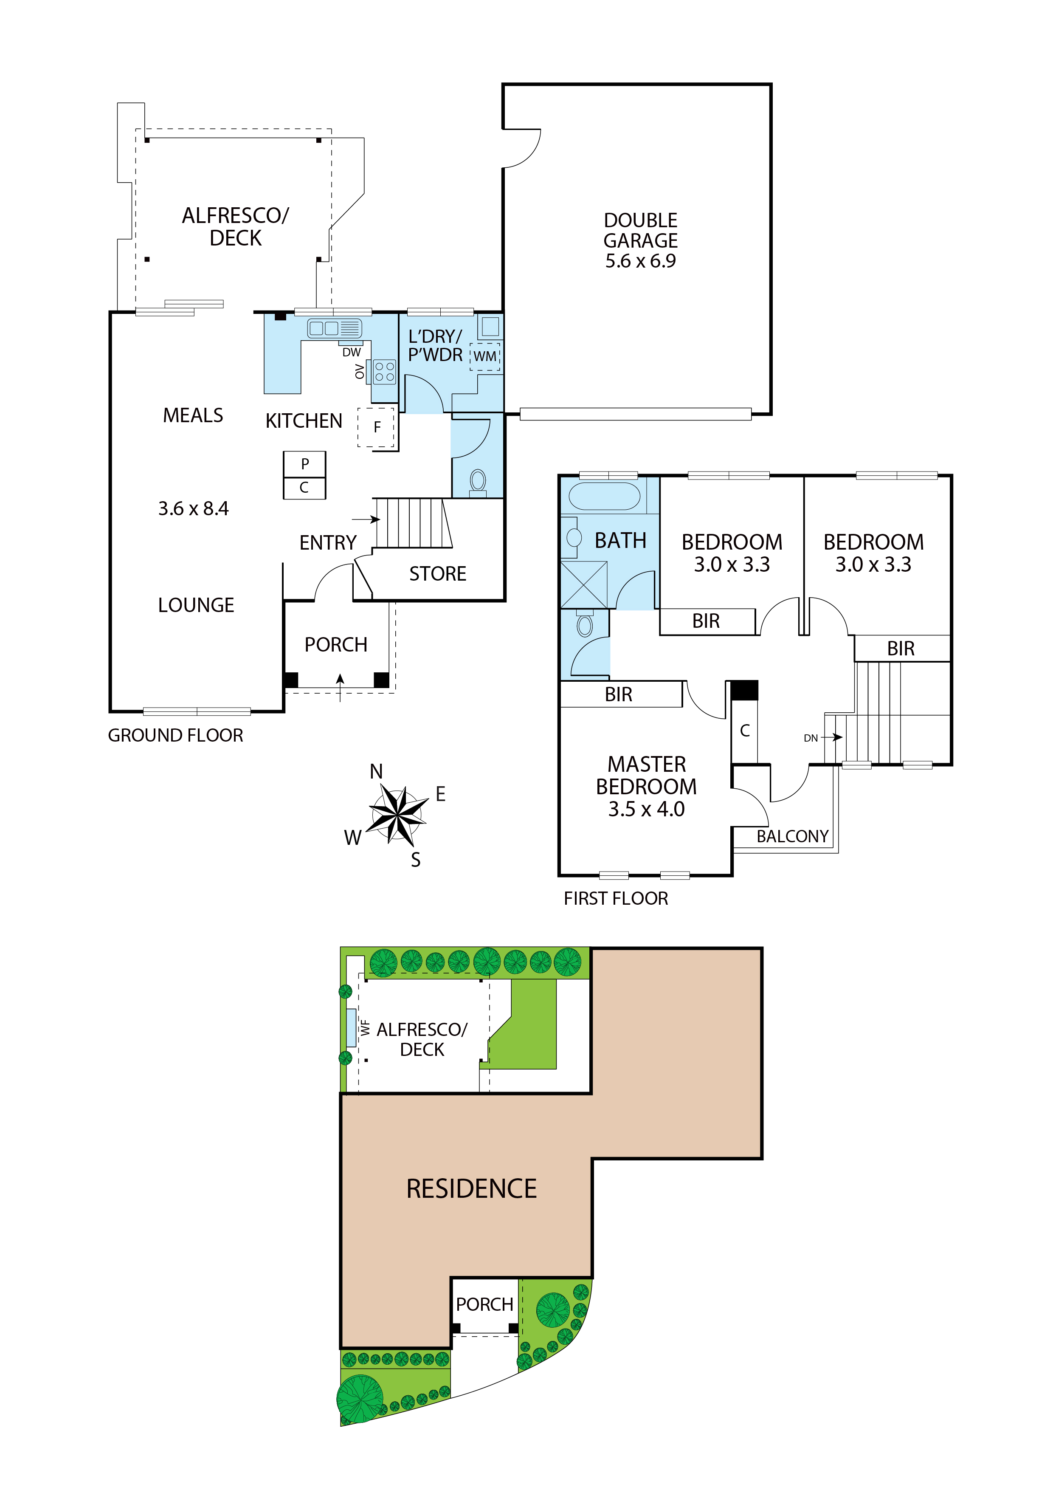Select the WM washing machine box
coord(485,356)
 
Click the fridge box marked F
coord(376,427)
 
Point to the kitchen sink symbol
coord(334,328)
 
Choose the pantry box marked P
coord(304,463)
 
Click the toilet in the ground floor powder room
coord(478,482)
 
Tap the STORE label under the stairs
coord(438,574)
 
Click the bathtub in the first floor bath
coord(604,497)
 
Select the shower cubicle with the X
coord(584,585)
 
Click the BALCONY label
coord(793,836)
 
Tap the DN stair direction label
coord(811,738)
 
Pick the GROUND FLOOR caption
coord(175,735)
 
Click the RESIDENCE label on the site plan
coord(472,1188)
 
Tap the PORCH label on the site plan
coord(484,1304)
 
